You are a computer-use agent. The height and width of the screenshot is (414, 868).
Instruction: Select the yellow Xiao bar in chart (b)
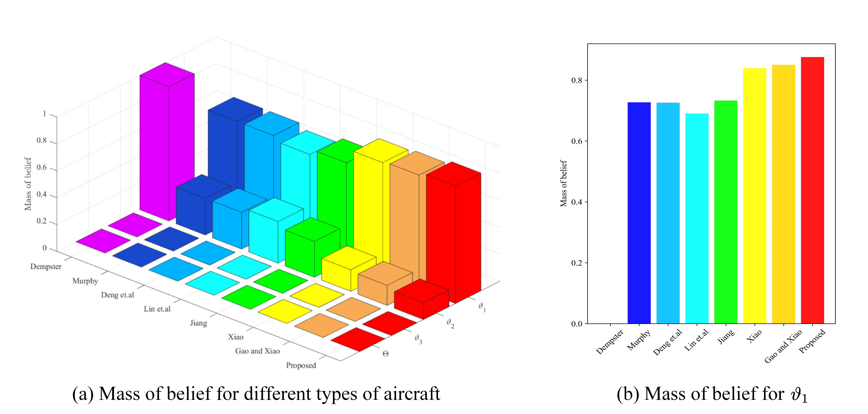coord(754,196)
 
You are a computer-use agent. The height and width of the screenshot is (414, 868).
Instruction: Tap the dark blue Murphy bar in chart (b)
coord(639,212)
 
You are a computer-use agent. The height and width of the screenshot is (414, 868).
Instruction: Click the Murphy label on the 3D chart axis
coord(85,281)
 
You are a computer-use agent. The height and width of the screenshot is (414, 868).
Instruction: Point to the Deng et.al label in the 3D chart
coord(117,295)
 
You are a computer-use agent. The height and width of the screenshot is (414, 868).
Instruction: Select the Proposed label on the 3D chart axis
coord(301,365)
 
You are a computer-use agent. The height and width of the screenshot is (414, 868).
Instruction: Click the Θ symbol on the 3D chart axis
coord(385,354)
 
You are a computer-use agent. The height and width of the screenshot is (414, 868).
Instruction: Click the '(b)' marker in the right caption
coord(627,394)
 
